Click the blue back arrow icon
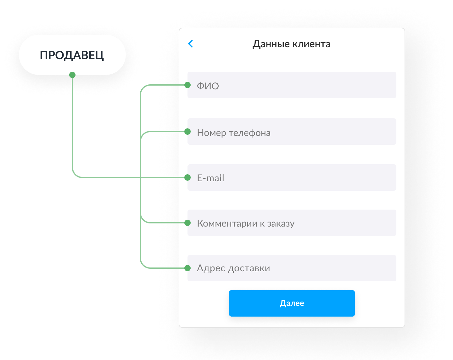click(190, 44)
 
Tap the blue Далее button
click(292, 303)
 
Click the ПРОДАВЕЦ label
click(72, 55)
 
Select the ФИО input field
click(292, 85)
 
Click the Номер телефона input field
click(292, 132)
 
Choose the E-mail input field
click(292, 177)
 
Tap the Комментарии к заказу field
click(292, 223)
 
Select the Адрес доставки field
click(292, 268)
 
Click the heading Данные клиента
click(291, 44)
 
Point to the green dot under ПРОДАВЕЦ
click(72, 75)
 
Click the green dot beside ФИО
click(187, 85)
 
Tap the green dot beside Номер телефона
click(187, 132)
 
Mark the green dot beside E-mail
click(187, 177)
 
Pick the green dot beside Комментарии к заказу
click(187, 223)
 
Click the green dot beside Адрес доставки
click(187, 268)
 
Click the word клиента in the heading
click(311, 44)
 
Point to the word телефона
click(250, 133)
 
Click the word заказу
click(281, 224)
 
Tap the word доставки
click(249, 268)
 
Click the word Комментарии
click(227, 223)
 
